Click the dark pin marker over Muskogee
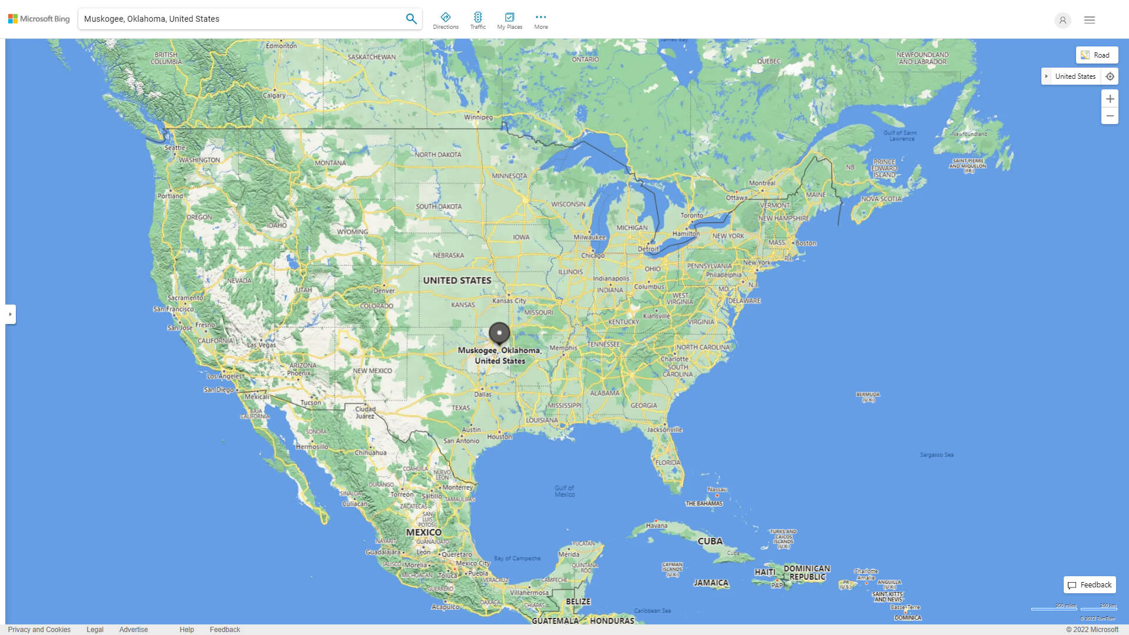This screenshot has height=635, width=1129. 499,333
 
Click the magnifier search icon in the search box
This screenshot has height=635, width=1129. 411,19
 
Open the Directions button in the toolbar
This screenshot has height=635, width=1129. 446,21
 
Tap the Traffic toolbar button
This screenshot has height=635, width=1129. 477,21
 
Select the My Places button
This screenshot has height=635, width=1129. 509,21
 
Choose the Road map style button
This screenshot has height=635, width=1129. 1097,55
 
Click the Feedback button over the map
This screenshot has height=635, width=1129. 1090,585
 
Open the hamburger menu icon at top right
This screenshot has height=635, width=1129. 1090,20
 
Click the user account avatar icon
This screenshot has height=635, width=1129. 1063,20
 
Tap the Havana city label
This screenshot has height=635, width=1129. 656,526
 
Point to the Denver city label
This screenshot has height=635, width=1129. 384,290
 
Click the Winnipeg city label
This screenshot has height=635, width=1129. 478,117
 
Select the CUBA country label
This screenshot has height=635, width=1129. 710,542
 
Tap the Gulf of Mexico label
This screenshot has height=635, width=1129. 564,491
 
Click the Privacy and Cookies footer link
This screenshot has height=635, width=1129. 39,630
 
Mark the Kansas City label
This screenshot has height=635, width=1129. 509,300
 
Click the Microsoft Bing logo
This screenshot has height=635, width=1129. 39,19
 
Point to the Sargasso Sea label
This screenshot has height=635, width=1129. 937,455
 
